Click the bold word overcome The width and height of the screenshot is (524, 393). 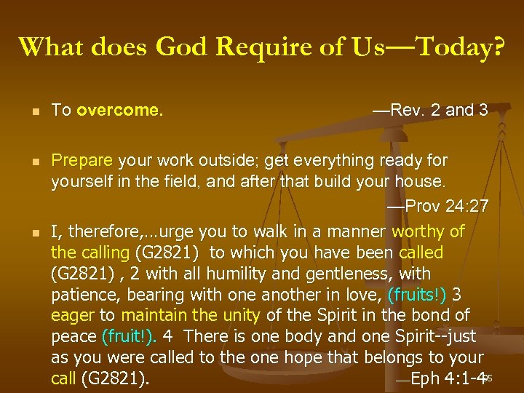pyautogui.click(x=119, y=111)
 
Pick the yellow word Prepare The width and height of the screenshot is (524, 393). pyautogui.click(x=82, y=159)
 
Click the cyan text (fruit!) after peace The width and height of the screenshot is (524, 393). pyautogui.click(x=132, y=337)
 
